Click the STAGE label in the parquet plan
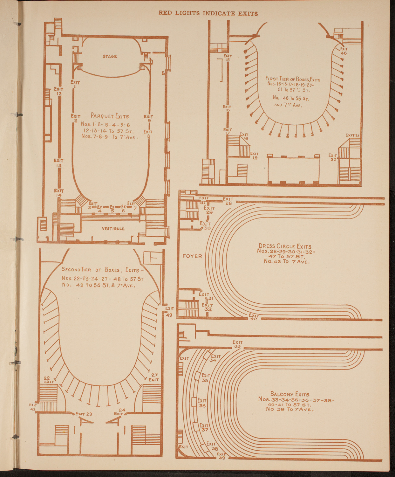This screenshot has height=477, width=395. (110, 56)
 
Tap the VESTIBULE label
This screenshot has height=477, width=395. (113, 229)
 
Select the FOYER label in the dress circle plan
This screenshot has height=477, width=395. (192, 256)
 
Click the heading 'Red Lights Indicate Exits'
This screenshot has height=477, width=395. (208, 13)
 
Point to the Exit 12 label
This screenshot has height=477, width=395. (59, 91)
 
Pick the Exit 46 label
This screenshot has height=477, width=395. (344, 51)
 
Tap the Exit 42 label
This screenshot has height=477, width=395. (254, 317)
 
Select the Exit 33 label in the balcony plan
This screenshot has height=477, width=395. (237, 344)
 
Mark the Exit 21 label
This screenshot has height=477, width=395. (352, 135)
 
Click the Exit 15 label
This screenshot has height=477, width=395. (228, 58)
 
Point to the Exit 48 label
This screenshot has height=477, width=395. (33, 407)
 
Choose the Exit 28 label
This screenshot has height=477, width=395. (228, 201)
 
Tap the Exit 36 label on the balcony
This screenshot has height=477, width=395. (202, 403)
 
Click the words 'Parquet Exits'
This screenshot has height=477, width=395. (110, 116)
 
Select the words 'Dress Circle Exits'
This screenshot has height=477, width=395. (285, 246)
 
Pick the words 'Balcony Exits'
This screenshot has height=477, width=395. (289, 394)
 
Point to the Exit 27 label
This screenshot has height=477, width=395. (154, 377)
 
